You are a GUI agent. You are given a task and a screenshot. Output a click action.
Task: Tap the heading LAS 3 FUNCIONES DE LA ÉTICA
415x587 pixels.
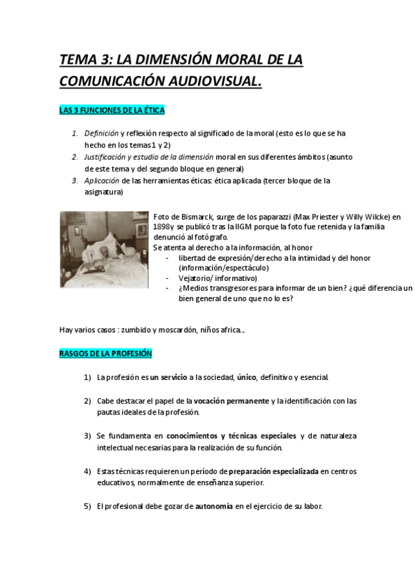(112, 111)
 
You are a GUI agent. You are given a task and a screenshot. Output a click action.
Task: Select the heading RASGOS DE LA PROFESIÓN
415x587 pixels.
(105, 354)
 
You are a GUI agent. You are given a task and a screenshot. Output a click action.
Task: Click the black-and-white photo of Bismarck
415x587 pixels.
(104, 249)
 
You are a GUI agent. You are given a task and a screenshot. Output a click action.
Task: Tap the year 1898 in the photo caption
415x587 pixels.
(161, 227)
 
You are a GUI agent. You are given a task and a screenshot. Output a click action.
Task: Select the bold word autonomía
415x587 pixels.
(214, 506)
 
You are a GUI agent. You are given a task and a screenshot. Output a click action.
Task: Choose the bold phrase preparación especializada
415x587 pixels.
(273, 471)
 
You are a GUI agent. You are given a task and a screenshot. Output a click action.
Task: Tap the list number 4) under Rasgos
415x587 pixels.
(87, 471)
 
